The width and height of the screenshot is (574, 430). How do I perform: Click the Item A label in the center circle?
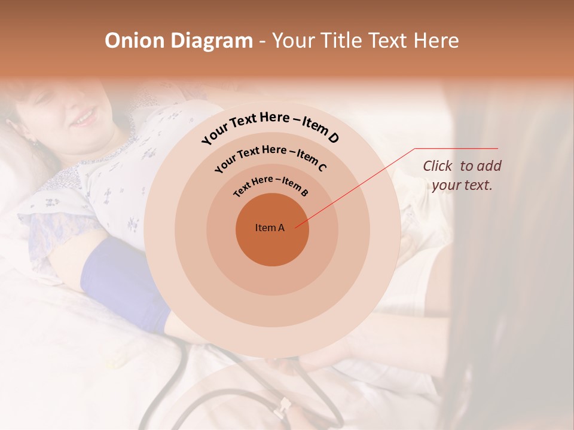[270, 228]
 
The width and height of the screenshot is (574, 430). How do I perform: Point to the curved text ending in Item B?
[270, 183]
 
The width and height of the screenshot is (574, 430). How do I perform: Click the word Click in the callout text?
[438, 166]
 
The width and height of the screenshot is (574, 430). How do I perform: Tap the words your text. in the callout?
[462, 185]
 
